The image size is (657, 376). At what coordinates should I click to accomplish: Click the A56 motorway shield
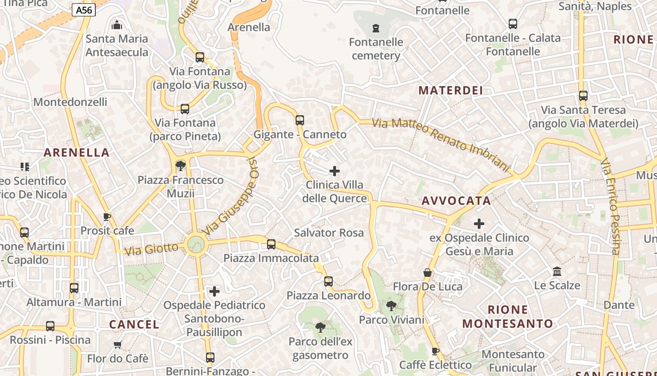click(x=84, y=10)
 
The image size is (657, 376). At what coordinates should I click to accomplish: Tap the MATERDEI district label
click(x=451, y=90)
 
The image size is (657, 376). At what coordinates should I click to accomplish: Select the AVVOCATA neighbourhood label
click(x=456, y=201)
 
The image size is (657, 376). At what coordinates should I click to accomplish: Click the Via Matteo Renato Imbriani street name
click(x=441, y=144)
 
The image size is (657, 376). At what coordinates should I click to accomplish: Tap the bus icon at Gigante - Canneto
click(x=300, y=120)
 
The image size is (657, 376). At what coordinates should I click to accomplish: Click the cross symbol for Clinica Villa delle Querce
click(x=335, y=171)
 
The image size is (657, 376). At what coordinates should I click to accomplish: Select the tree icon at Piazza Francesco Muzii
click(x=180, y=165)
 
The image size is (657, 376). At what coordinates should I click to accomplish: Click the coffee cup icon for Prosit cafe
click(x=107, y=217)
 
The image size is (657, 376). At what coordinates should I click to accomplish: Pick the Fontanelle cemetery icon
click(x=375, y=28)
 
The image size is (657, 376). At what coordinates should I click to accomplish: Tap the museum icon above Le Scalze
click(x=558, y=271)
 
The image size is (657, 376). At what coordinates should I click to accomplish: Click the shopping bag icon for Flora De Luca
click(x=428, y=273)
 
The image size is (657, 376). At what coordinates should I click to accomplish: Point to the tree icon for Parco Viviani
click(x=391, y=306)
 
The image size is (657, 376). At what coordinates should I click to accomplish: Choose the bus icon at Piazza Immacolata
click(x=271, y=244)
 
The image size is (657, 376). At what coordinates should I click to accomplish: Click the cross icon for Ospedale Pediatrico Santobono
click(x=214, y=291)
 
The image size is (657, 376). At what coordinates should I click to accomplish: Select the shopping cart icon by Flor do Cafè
click(x=118, y=345)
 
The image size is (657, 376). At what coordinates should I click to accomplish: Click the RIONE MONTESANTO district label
click(x=508, y=316)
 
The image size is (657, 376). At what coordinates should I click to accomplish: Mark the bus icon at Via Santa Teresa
click(x=583, y=96)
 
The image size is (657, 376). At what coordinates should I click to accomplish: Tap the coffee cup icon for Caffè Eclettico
click(x=435, y=351)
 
